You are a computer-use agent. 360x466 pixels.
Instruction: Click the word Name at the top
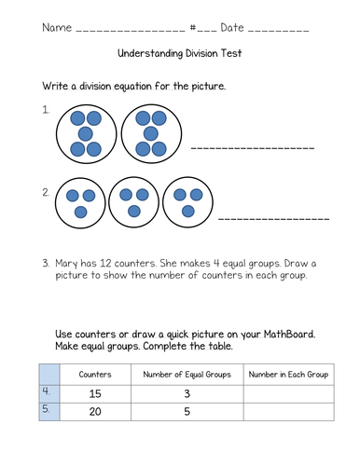pos(57,28)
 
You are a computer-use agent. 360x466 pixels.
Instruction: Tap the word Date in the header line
pos(232,28)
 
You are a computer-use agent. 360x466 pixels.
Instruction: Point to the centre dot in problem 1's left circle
pos(86,134)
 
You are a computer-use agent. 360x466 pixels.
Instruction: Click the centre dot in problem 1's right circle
pos(151,134)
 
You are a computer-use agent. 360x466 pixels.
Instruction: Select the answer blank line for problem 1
pos(253,148)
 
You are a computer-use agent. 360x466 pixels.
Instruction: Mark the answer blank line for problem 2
pos(274,219)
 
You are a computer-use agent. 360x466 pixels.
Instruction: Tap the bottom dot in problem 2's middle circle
pos(134,212)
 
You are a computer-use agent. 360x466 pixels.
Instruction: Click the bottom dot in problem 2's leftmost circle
pos(81,212)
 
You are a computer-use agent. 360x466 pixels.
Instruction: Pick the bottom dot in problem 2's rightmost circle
pos(187,212)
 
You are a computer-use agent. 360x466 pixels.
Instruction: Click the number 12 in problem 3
pos(105,264)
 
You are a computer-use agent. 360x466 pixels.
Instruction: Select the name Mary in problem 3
pos(66,264)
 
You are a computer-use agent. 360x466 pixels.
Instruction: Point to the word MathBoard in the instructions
pos(289,335)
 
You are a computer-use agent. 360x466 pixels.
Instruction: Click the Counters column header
pos(95,375)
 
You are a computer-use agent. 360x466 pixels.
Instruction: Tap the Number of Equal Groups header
pos(187,375)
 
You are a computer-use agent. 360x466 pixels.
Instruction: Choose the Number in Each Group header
pos(288,375)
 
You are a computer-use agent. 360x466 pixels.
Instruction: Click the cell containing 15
pos(95,394)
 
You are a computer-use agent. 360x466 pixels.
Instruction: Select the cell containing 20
pos(95,412)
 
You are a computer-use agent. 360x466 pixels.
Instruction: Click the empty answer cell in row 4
pos(289,394)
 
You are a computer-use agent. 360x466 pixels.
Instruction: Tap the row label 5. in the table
pos(46,409)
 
